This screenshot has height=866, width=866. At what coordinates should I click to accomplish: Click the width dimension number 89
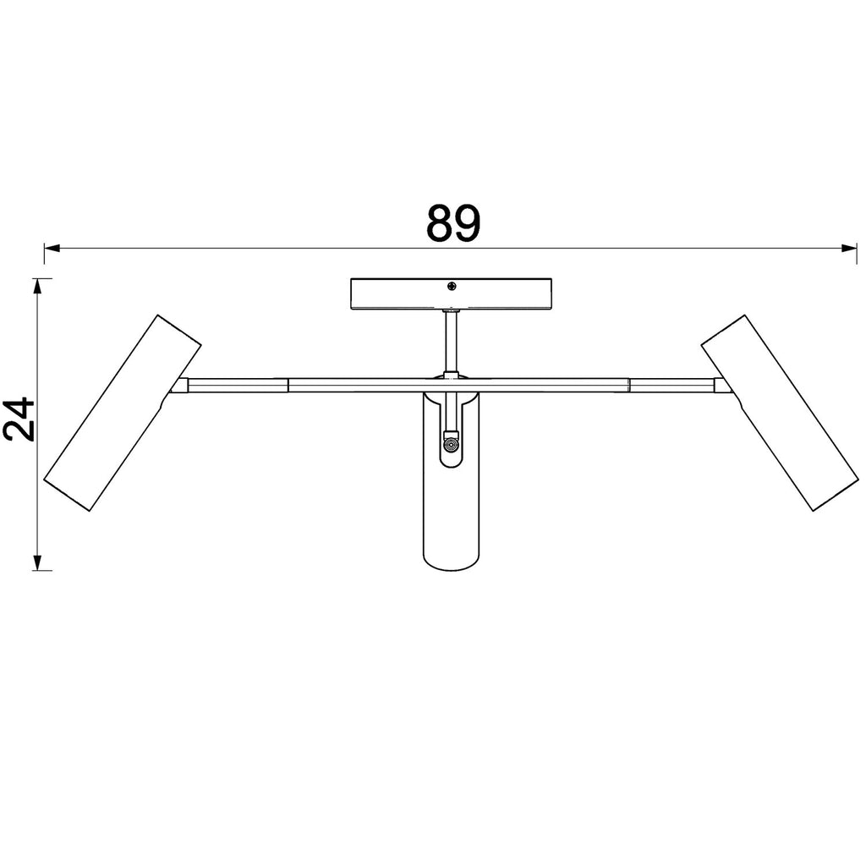453,223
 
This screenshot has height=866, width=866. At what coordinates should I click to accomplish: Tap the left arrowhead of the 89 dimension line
52,249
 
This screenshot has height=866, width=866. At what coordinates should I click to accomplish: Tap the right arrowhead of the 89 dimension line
849,249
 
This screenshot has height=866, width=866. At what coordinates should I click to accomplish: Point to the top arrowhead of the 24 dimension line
37,286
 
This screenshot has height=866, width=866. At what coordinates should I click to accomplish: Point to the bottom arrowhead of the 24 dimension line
37,562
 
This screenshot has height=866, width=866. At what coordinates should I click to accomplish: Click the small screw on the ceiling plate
452,286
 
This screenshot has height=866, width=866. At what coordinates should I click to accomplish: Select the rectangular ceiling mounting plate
452,293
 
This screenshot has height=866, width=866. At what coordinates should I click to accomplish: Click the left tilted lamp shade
122,413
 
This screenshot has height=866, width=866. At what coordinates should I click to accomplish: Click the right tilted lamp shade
780,413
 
